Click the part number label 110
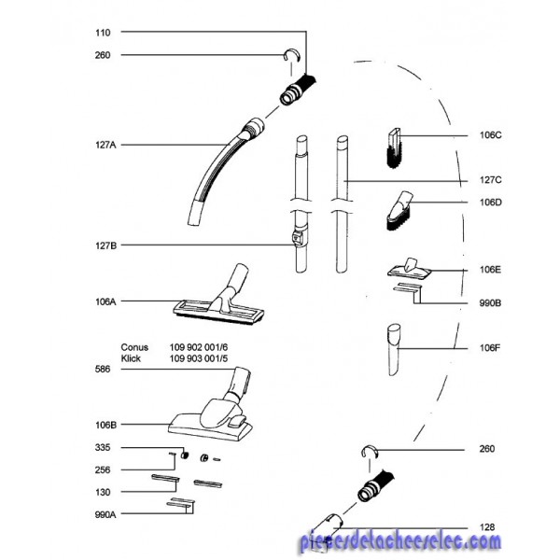[x=103, y=33]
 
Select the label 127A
[x=105, y=145]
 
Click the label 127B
[x=105, y=245]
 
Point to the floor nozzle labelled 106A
[x=219, y=296]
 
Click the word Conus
[x=134, y=347]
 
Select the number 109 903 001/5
[x=198, y=358]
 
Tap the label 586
[x=103, y=370]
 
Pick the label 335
[x=103, y=448]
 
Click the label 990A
[x=105, y=515]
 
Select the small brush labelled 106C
[x=394, y=148]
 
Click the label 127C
[x=490, y=180]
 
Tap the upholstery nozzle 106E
[x=410, y=269]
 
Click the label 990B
[x=490, y=303]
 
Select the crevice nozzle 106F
[x=394, y=350]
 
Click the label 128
[x=487, y=527]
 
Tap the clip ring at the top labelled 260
[x=292, y=54]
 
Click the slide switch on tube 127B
[x=298, y=237]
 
